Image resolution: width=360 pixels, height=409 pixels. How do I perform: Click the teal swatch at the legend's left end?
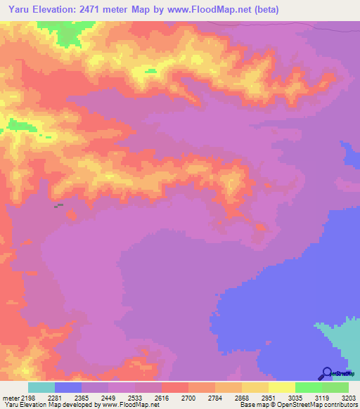[41, 388]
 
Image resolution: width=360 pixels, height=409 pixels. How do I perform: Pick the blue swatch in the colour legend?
[68, 388]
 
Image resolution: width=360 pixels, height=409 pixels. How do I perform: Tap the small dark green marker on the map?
[58, 205]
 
